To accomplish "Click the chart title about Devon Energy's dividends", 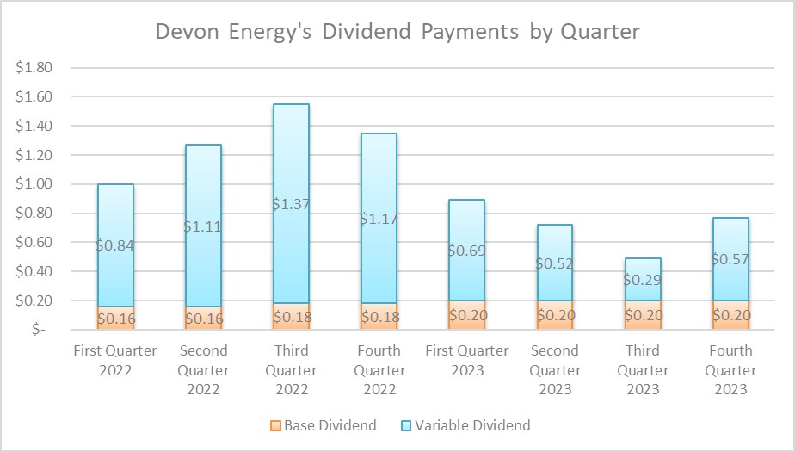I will pos(397,33).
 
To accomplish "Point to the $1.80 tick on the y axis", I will pos(35,68).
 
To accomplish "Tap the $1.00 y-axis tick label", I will pos(35,184).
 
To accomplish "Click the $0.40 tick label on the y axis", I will pos(35,271).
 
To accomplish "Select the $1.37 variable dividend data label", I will pos(291,204).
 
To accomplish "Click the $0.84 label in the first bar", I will pos(115,245).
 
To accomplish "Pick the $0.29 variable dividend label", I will pos(643,280).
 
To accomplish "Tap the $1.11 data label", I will pos(203,226).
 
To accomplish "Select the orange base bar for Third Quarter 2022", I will pos(291,316).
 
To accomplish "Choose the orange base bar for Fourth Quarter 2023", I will pos(730,315).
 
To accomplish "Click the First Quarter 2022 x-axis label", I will pos(115,360).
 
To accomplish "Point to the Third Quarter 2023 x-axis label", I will pos(643,369).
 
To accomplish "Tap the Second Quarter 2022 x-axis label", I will pos(203,369).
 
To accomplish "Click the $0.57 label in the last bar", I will pos(730,258).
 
